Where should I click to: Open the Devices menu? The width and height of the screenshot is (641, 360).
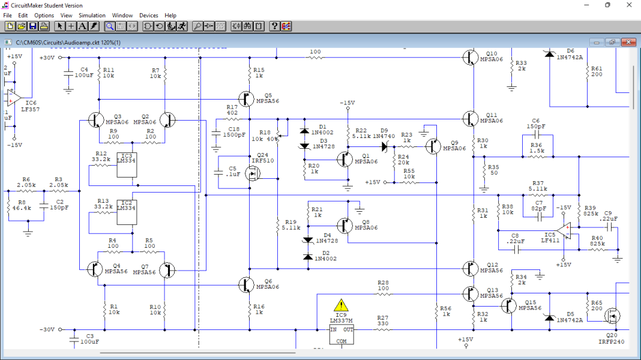149,15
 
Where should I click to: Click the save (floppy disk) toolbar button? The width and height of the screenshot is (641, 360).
33,26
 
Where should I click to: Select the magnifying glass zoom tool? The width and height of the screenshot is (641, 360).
110,26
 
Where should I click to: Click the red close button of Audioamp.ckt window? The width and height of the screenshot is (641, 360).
628,43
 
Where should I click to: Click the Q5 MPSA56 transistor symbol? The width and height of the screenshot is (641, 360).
245,98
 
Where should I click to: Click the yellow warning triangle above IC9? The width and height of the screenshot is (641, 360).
341,305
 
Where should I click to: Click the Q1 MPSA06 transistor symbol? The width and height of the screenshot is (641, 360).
345,159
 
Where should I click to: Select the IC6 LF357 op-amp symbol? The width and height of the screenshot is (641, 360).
14,96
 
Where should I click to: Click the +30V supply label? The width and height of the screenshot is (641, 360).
47,58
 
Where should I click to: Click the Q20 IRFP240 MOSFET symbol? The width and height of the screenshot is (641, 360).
612,315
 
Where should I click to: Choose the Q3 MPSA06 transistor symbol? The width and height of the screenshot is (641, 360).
96,120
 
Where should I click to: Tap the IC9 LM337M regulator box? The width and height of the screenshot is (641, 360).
341,335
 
